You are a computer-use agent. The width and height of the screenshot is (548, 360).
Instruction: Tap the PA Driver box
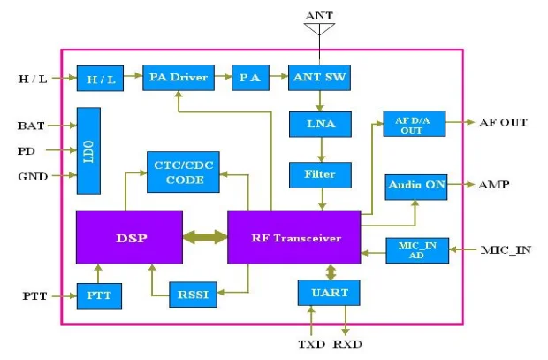[179, 78]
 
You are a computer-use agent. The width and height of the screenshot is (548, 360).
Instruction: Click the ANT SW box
[319, 78]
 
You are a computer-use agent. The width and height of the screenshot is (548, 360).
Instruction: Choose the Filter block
[319, 174]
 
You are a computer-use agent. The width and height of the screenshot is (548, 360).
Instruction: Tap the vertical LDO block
[88, 150]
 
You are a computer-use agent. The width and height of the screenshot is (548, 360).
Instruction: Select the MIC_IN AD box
[417, 250]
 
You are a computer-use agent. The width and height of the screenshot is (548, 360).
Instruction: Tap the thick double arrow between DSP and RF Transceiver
[205, 237]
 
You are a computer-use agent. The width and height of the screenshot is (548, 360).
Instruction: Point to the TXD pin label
[309, 343]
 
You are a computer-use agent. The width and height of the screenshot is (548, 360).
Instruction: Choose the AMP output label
[494, 187]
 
